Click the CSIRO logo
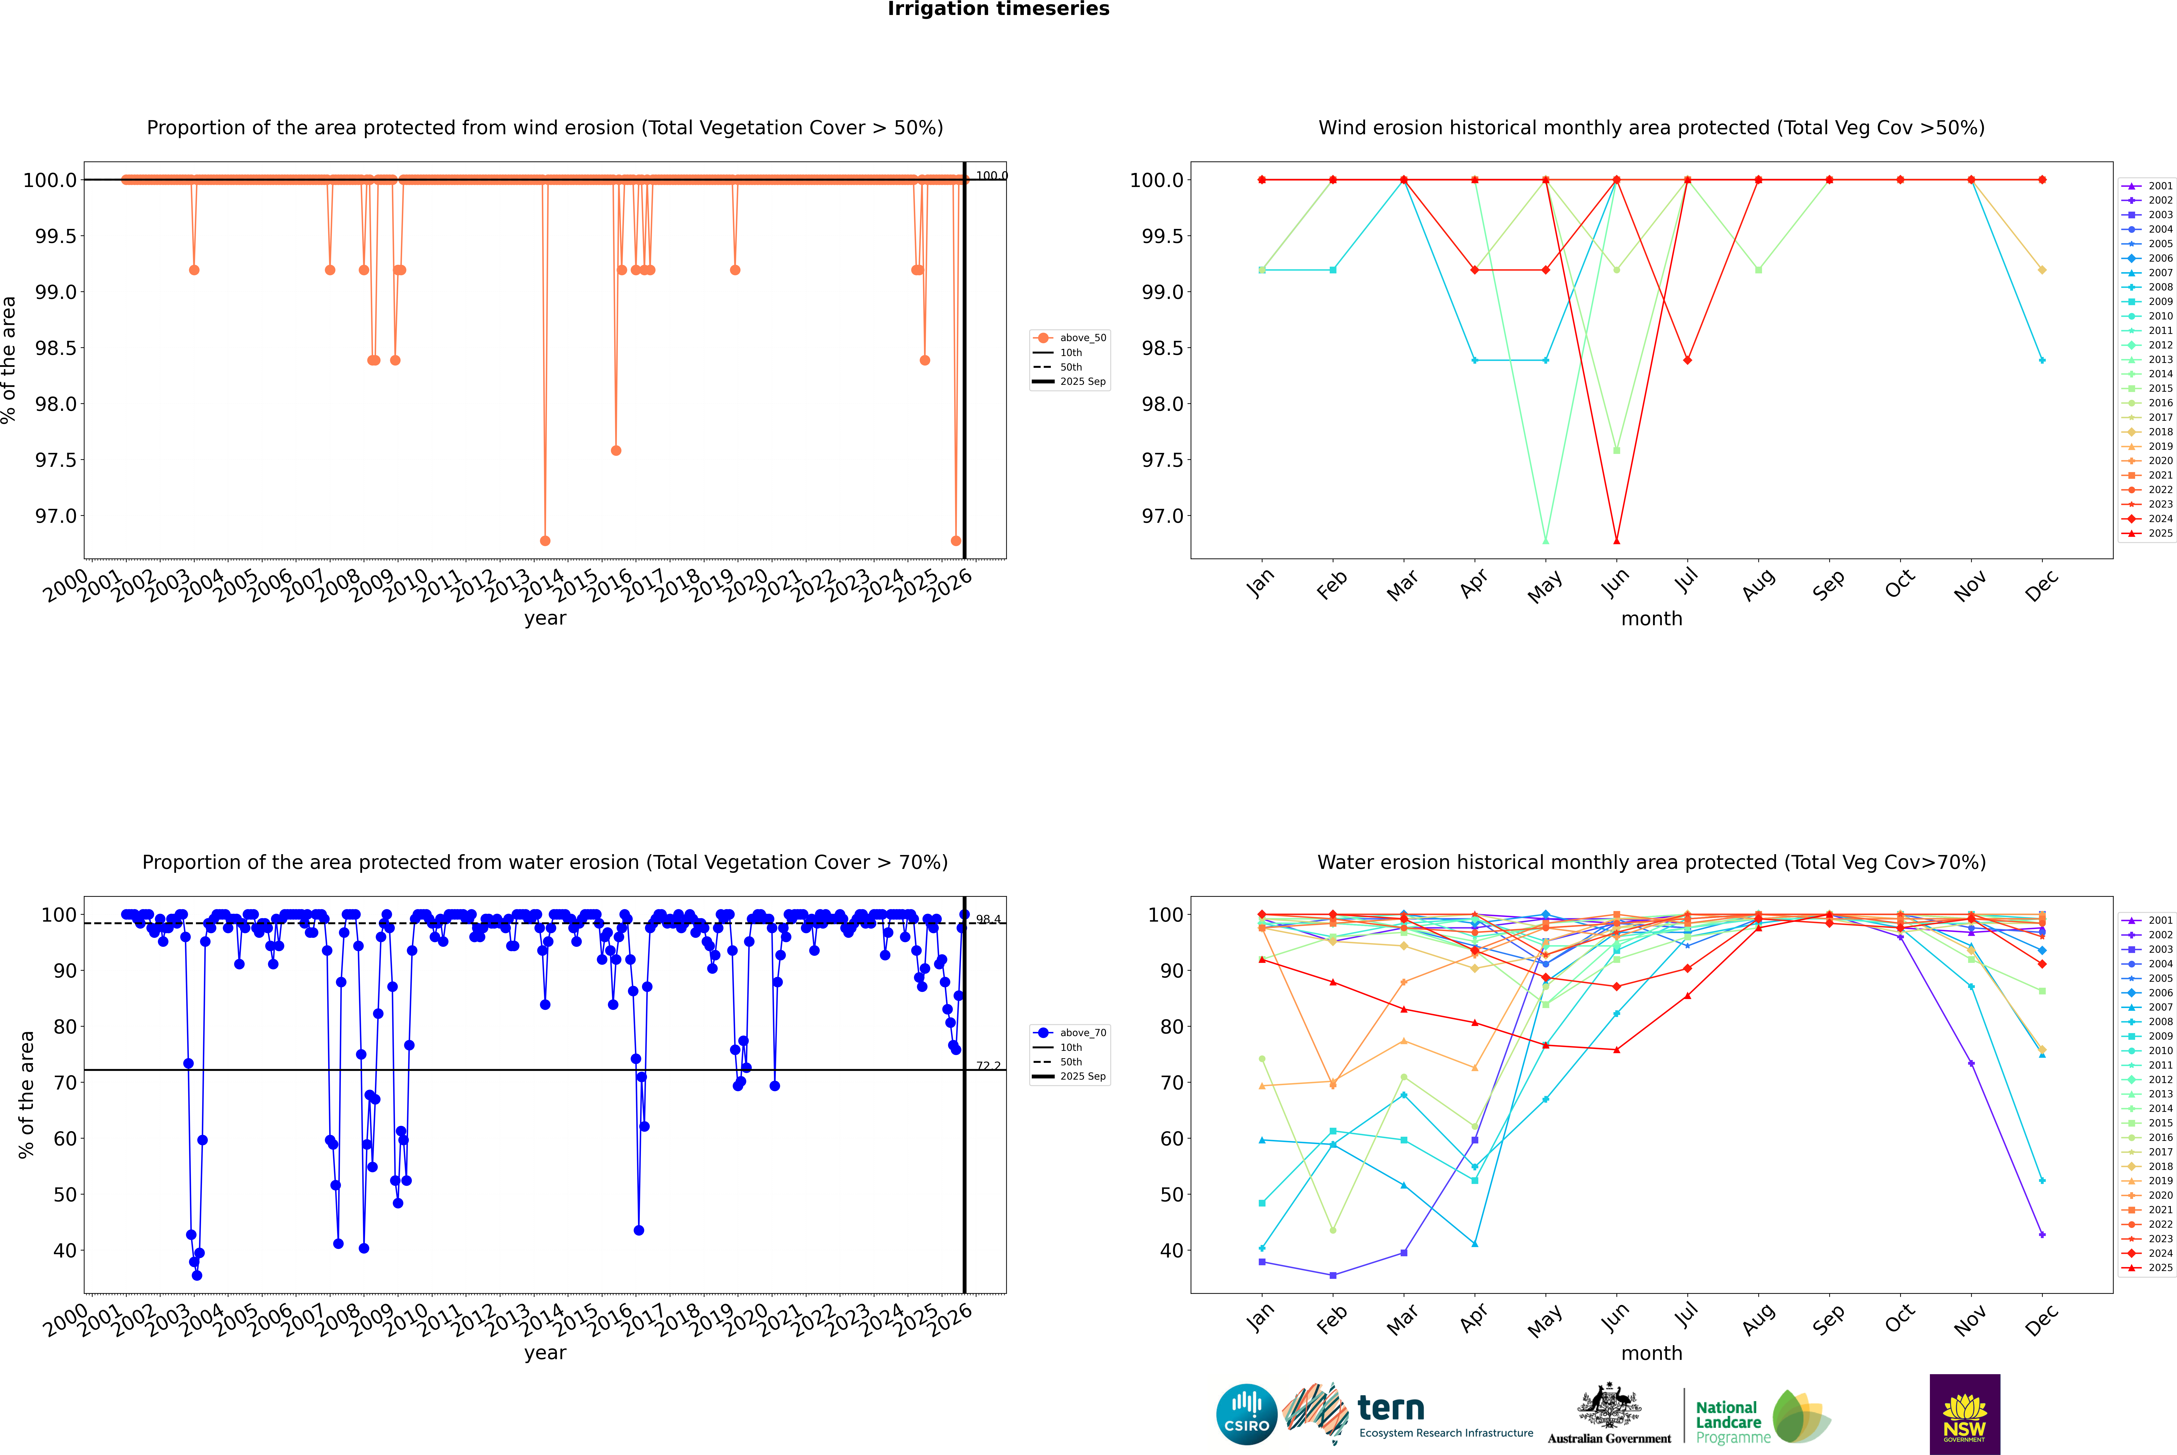(x=1246, y=1414)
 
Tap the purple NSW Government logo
(x=1964, y=1414)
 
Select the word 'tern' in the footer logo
(x=1390, y=1409)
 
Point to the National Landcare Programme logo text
(x=1728, y=1422)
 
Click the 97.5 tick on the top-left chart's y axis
(x=56, y=460)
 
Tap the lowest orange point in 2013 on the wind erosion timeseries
(x=545, y=541)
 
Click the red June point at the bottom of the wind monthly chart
(x=1616, y=541)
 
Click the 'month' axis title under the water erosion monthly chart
(x=1651, y=1353)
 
